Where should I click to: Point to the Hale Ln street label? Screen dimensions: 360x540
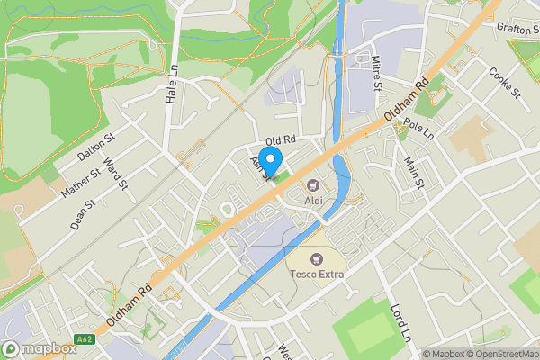(171, 84)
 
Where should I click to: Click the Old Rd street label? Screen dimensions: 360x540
(281, 139)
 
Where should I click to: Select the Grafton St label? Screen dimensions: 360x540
(517, 29)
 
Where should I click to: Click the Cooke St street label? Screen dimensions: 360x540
(505, 82)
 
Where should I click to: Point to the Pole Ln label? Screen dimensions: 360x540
(418, 128)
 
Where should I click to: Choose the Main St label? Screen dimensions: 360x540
(414, 172)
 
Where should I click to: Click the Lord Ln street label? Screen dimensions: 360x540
(399, 320)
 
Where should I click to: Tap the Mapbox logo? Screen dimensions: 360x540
(39, 349)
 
